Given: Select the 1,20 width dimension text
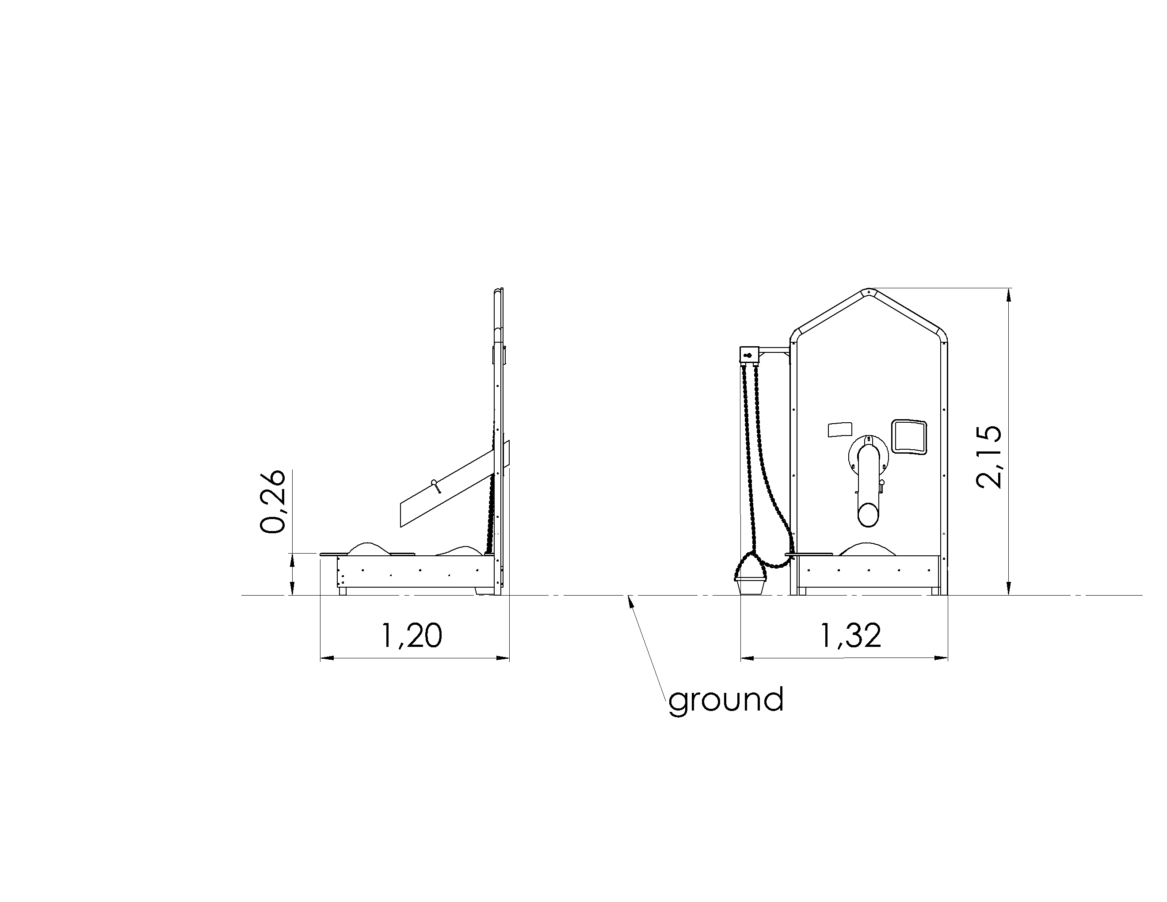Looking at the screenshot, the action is pos(412,636).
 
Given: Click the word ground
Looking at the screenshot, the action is pos(726,700).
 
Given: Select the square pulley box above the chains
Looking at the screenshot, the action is pos(749,354).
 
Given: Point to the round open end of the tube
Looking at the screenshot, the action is pos(868,515).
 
